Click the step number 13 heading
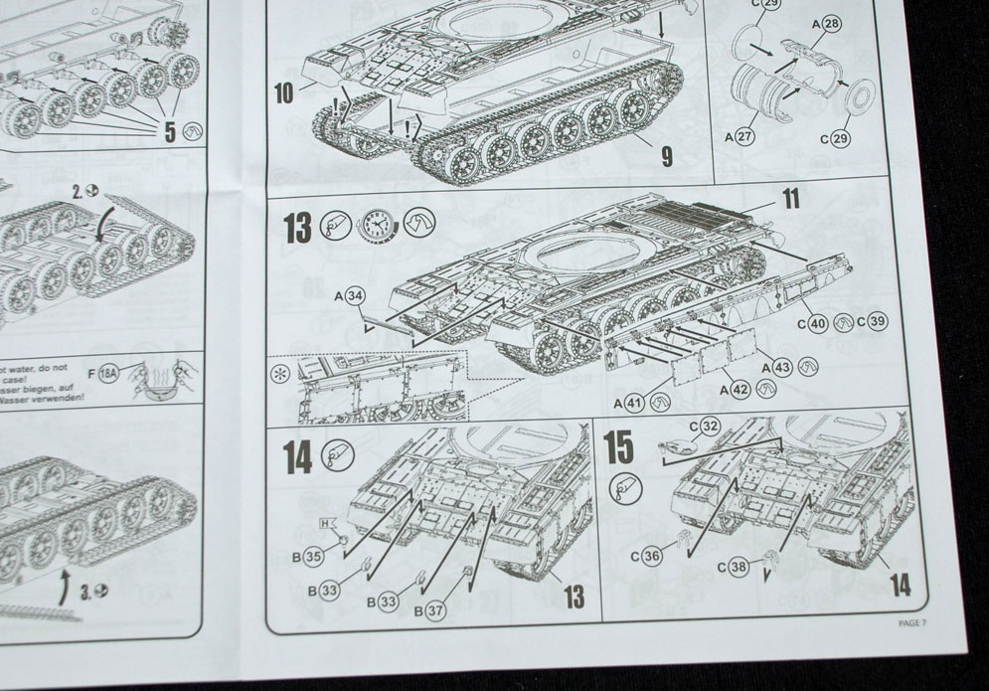tap(297, 227)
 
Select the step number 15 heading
tap(619, 447)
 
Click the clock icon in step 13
tap(377, 226)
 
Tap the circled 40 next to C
tap(817, 322)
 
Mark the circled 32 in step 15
tap(709, 426)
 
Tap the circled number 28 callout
tap(831, 22)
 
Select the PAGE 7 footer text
tap(910, 623)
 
